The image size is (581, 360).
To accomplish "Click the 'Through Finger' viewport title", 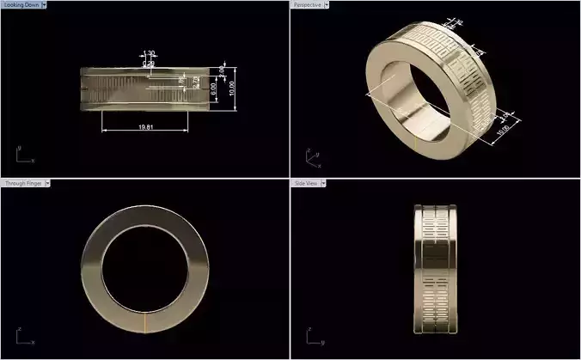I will point(21,183).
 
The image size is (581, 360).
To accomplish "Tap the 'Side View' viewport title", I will point(307,183).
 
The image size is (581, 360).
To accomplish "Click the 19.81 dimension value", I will point(144,127).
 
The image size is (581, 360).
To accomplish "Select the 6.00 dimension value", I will point(214,88).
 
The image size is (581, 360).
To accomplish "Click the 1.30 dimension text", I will point(150,53).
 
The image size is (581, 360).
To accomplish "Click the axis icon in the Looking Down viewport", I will point(23,156).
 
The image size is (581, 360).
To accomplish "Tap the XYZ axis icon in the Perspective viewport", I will point(312,158).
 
